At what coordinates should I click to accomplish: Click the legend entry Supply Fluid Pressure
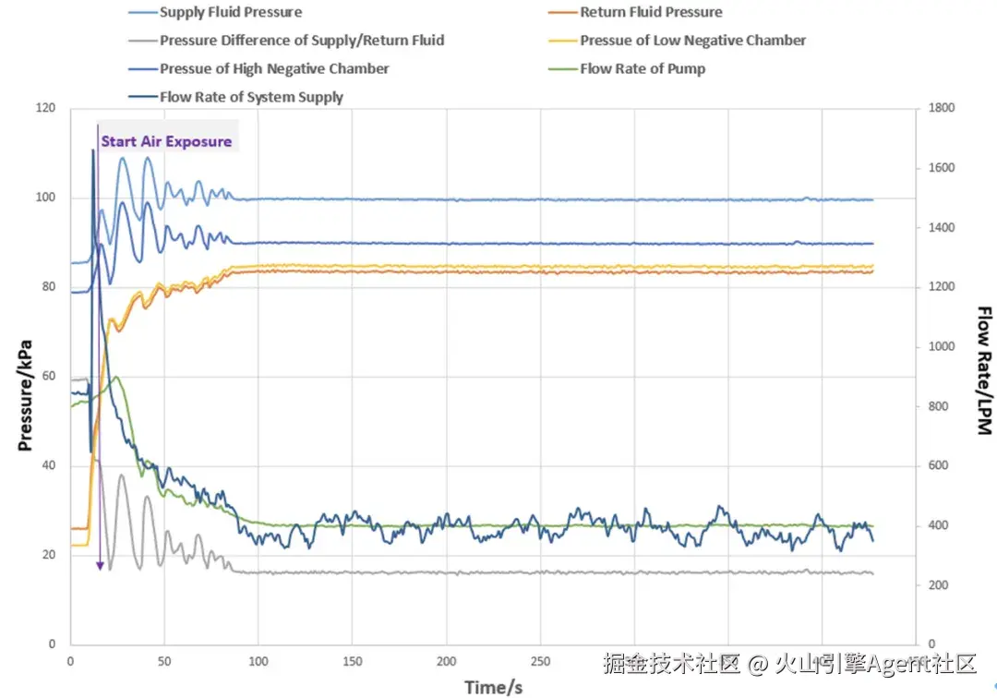coord(230,13)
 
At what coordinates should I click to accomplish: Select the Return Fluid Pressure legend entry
coord(651,13)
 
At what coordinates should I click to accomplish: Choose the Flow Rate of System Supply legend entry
coord(251,97)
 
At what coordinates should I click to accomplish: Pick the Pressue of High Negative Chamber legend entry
coord(274,68)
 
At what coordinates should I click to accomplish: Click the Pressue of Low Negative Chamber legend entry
coord(692,41)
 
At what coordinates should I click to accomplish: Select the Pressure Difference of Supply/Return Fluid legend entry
coord(302,41)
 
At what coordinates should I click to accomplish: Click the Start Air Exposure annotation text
coord(166,141)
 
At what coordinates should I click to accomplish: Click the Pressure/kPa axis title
coord(26,395)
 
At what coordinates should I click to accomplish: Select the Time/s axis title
coord(494,686)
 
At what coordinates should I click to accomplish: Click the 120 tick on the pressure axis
coord(45,109)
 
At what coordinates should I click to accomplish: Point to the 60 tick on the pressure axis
coord(49,377)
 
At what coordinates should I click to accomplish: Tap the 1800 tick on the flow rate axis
coord(942,109)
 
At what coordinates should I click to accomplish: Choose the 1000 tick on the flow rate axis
coord(942,347)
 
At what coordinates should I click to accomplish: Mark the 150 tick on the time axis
coord(352,661)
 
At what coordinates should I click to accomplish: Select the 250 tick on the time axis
coord(541,661)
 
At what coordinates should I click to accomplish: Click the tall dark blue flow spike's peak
coord(93,150)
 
